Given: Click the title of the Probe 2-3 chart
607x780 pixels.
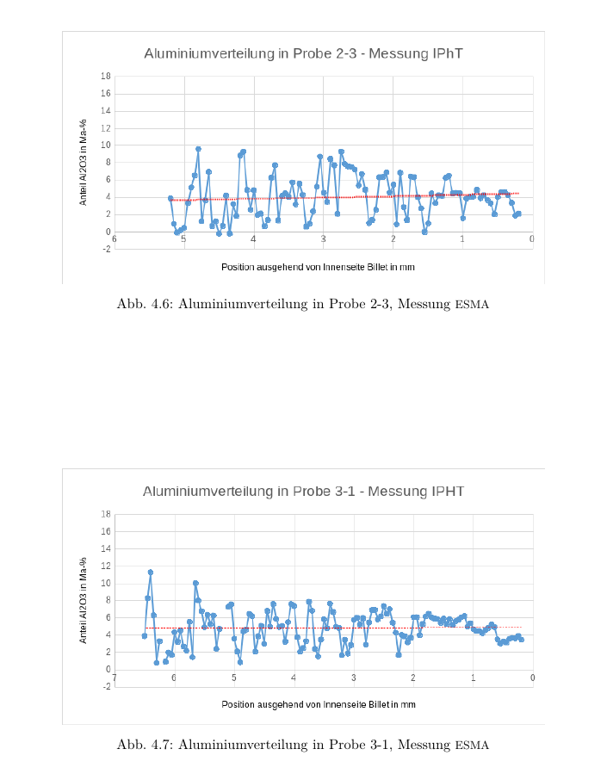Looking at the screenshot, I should [x=303, y=53].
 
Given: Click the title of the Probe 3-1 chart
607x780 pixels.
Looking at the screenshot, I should [x=303, y=492].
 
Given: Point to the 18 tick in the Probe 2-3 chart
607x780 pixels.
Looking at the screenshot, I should [x=105, y=77].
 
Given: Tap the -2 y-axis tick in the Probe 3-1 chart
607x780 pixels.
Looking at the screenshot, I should [x=105, y=687].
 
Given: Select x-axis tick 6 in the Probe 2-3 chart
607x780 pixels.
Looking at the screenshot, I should [x=115, y=238].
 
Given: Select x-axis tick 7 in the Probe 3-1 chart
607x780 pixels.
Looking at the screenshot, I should [x=115, y=678].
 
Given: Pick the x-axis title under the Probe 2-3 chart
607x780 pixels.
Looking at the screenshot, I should [x=318, y=267].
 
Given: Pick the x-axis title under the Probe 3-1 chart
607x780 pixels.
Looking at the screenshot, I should [x=318, y=704].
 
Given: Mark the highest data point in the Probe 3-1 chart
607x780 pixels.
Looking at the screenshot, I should [x=151, y=573].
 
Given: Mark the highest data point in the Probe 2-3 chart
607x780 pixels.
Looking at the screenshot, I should [x=198, y=149].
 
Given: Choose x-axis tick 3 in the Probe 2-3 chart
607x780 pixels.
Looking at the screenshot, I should [x=324, y=238].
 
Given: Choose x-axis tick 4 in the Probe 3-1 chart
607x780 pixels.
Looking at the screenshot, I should [x=294, y=678].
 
